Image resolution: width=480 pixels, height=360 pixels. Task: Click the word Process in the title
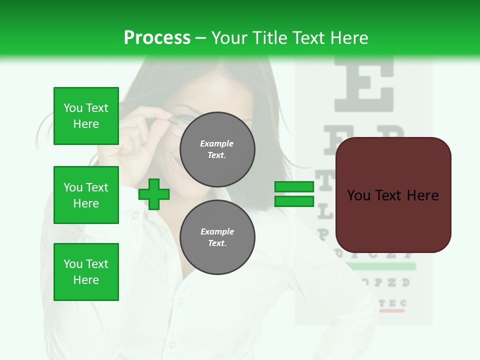click(x=157, y=38)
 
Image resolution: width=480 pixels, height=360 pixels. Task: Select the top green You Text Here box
click(x=86, y=116)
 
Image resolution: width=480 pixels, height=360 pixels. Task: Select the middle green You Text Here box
click(x=86, y=195)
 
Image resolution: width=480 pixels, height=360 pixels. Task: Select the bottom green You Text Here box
click(x=86, y=271)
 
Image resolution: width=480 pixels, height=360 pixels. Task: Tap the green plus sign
click(x=154, y=194)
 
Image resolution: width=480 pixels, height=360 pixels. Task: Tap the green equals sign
click(x=294, y=194)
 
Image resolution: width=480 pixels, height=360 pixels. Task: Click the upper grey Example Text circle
click(x=217, y=149)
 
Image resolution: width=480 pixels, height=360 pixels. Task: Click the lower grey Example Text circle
click(x=217, y=237)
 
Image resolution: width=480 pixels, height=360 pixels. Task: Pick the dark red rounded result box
click(x=393, y=195)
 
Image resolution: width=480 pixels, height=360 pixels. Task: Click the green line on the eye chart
click(x=382, y=266)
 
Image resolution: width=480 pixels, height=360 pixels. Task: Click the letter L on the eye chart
click(x=325, y=212)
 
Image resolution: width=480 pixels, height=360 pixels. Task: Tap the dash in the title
click(x=201, y=38)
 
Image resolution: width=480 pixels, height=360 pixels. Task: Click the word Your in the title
click(x=230, y=38)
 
